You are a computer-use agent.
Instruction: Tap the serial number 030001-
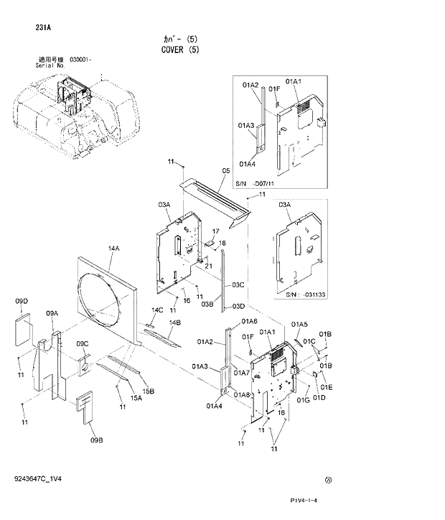click(x=81, y=60)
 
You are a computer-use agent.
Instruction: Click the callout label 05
click(x=225, y=170)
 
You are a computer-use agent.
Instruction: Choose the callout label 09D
click(x=22, y=300)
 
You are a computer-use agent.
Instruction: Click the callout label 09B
click(x=96, y=440)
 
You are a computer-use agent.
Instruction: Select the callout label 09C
click(x=83, y=343)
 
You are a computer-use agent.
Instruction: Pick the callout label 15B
click(x=149, y=391)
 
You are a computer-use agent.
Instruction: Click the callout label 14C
click(x=157, y=310)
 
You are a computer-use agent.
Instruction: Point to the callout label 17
click(x=215, y=231)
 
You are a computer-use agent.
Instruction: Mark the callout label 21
click(x=209, y=266)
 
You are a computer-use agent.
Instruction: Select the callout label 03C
click(x=238, y=285)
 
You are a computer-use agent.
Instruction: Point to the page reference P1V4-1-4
click(x=304, y=501)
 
